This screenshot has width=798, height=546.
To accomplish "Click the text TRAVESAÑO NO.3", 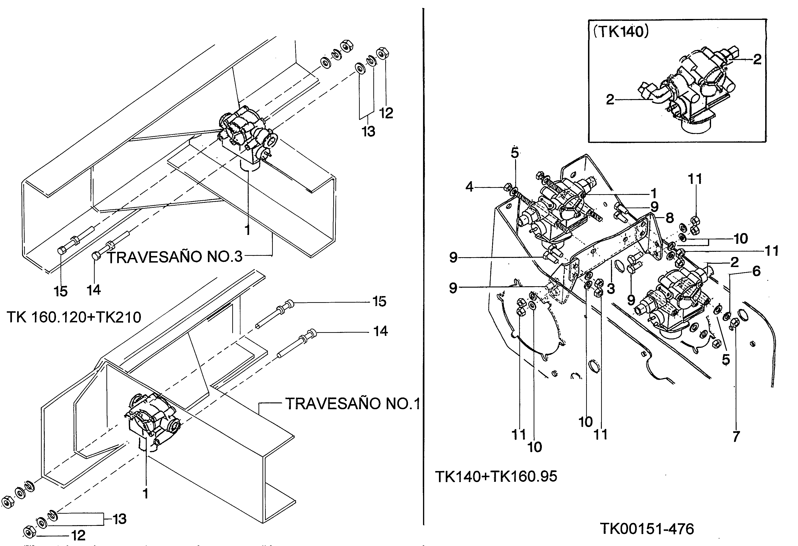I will (x=175, y=257).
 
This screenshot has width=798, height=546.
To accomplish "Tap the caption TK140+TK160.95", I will (x=496, y=476).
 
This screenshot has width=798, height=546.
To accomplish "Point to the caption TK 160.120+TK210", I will (x=74, y=317).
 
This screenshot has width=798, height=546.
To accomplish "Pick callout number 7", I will (x=736, y=437).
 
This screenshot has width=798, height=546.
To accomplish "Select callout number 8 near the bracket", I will (x=670, y=218).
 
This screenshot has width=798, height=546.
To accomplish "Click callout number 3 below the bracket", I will (x=611, y=289).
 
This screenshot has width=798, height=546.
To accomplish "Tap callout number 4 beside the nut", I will (x=469, y=187).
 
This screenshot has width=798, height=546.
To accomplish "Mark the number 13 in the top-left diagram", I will (x=368, y=131).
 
